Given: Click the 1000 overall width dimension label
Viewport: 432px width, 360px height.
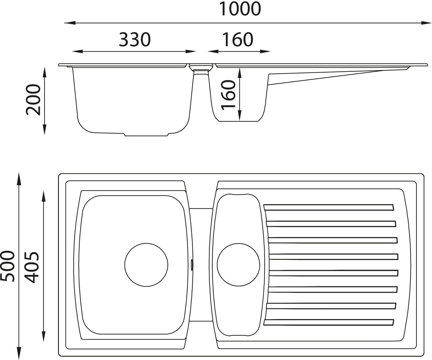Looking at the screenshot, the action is coord(240,9).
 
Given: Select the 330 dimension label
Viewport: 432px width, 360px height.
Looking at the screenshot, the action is coord(135,40).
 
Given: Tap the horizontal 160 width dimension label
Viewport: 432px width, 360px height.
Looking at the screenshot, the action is coord(238,40).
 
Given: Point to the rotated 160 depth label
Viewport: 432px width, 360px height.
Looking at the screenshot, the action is coord(228,94).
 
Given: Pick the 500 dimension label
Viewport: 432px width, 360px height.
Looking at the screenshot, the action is coord(7,266).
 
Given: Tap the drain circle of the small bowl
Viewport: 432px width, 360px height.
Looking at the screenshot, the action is coord(239,264).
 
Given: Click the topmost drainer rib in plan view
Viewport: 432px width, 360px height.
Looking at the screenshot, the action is coord(329,207).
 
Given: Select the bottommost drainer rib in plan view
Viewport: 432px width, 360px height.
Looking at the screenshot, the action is coord(329,322).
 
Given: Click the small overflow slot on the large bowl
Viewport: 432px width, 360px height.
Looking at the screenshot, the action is coord(192,264).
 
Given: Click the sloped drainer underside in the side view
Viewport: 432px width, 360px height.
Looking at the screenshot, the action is coord(324,77).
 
